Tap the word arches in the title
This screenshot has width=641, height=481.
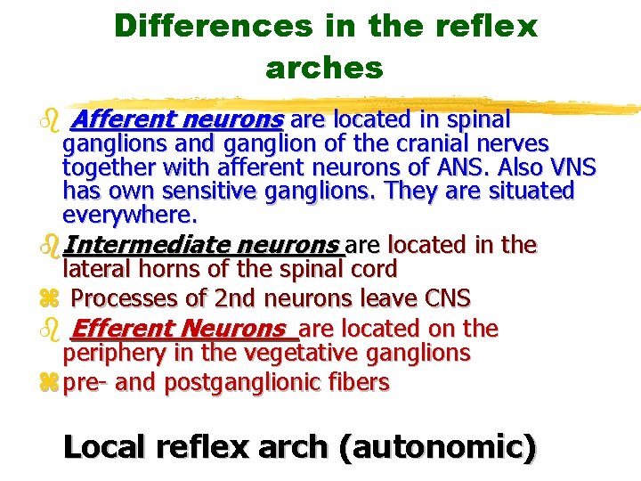(324, 67)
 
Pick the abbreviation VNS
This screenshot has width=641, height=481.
(569, 167)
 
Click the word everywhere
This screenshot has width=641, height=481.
(129, 215)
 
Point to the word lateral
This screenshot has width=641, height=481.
(94, 268)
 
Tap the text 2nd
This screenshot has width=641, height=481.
(229, 298)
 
